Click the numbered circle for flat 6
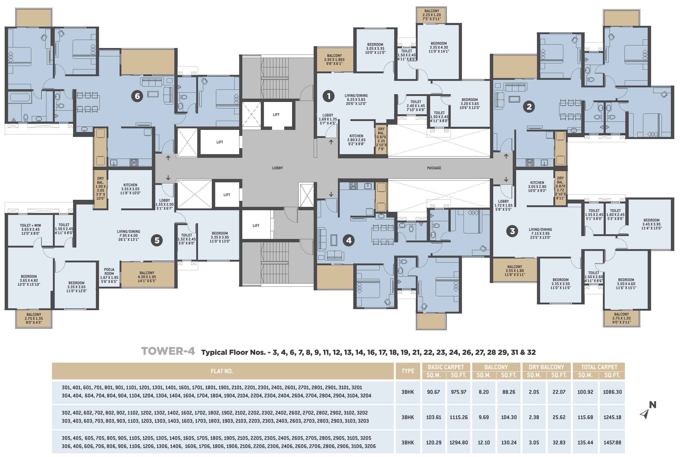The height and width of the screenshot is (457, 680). pos(137,96)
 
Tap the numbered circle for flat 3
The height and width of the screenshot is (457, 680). pos(512,231)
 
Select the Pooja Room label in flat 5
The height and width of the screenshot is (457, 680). pos(109,275)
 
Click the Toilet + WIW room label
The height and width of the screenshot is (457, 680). pos(30,229)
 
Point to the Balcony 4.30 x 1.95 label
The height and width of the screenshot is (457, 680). pos(147,277)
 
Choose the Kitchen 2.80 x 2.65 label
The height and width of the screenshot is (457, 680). pos(356,140)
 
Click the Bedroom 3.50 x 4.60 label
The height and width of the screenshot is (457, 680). pos(626,284)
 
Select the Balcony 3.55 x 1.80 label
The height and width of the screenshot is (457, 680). pos(515,271)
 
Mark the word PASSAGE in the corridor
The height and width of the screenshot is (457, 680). pos(434,168)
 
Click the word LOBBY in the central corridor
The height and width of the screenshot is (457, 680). pos(277,168)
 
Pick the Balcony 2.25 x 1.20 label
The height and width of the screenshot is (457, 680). pos(432,15)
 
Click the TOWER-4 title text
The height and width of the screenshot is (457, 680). pos(168,351)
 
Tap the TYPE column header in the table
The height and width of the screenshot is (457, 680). pos(408,371)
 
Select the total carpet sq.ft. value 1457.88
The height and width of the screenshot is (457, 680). pos(612,442)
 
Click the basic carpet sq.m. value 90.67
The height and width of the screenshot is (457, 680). pos(434,392)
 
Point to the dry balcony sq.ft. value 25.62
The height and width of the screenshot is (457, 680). pos(559,417)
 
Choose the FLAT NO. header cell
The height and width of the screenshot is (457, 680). pos(222,371)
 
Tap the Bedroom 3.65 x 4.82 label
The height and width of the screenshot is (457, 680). pos(29,280)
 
